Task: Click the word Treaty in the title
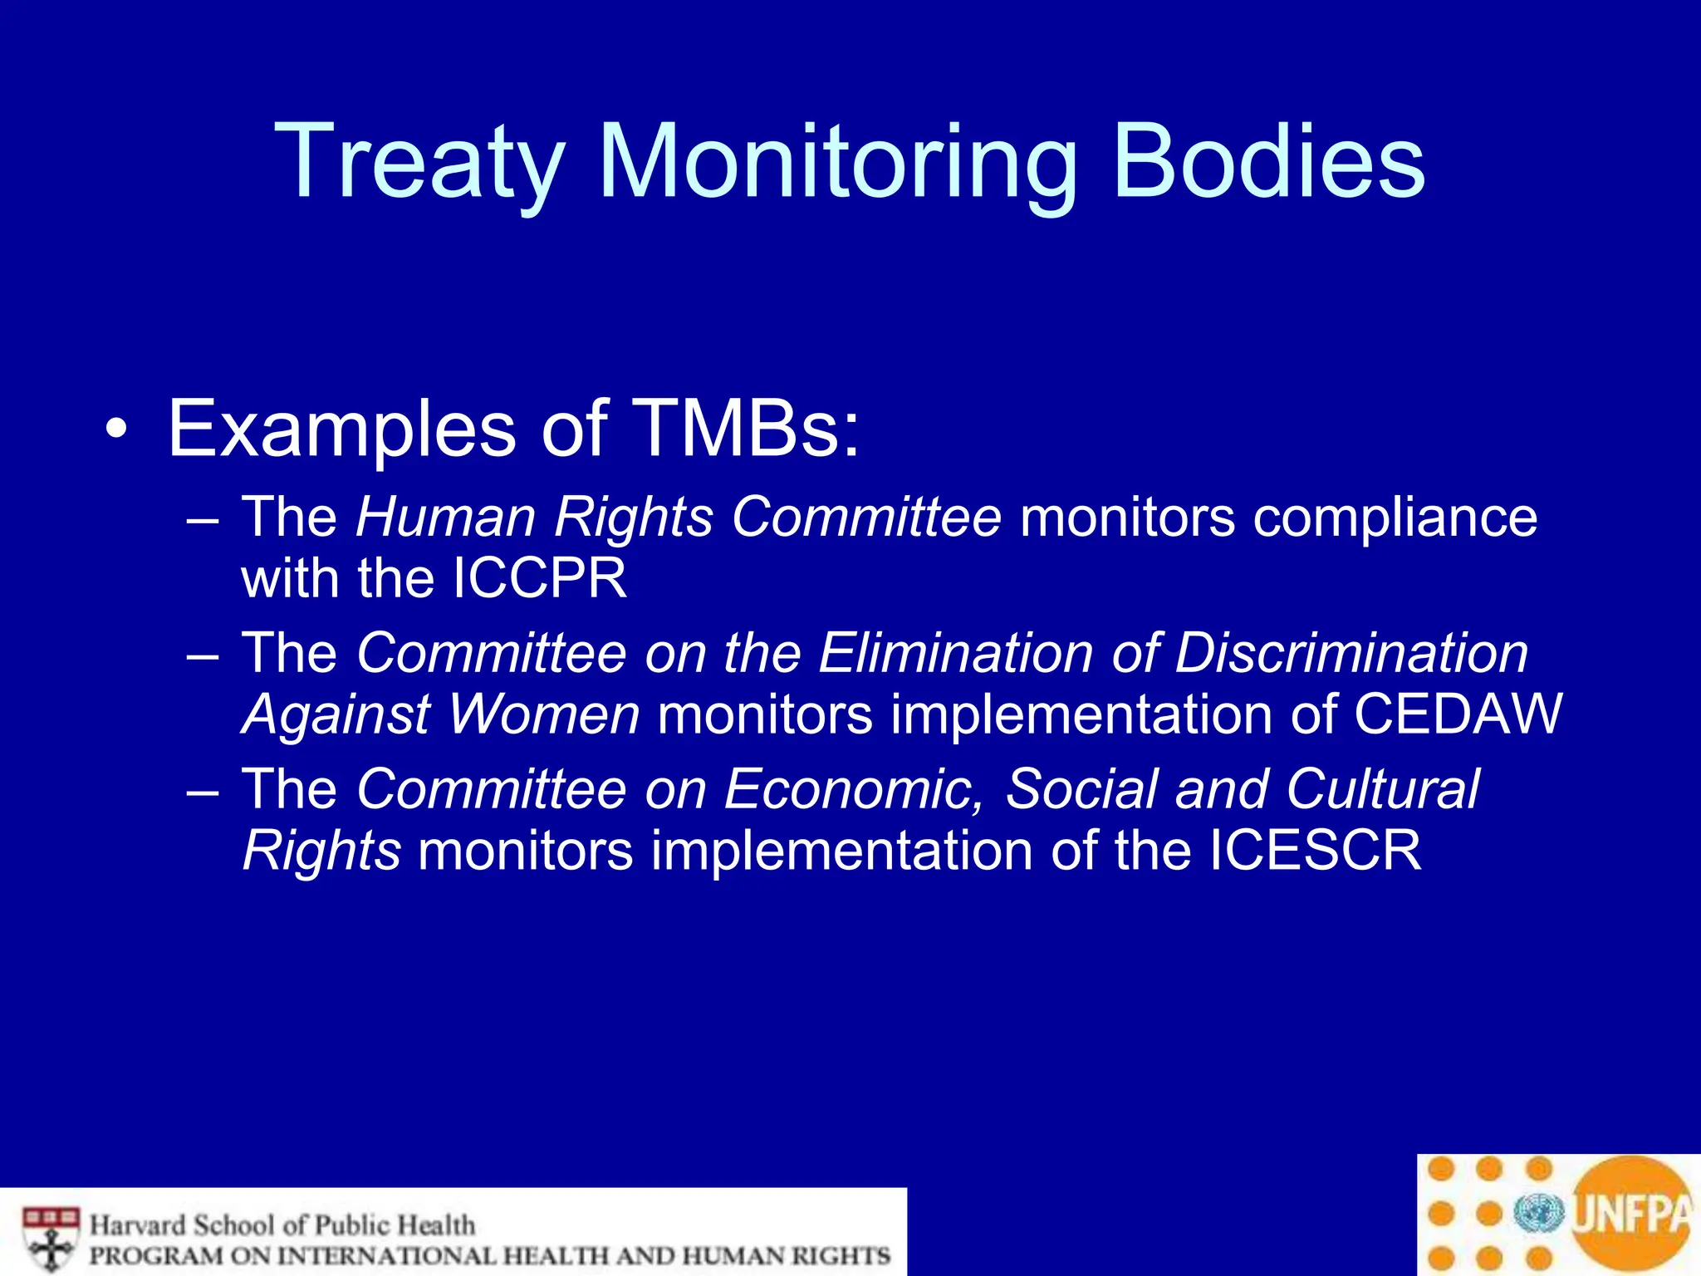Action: [x=419, y=162]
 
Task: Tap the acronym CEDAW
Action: [x=1458, y=714]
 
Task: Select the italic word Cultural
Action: [x=1383, y=788]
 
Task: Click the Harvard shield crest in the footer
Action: [x=51, y=1238]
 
